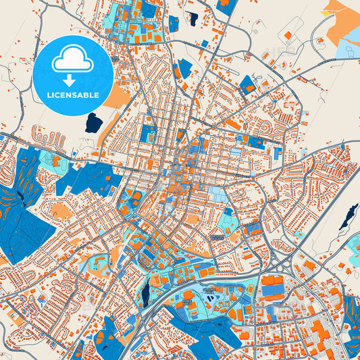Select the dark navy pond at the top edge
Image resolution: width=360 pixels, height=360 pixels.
click(192, 18)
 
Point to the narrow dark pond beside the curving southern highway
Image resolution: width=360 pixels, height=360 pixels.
click(144, 292)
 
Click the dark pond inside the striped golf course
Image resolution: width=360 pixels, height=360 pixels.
click(20, 195)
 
